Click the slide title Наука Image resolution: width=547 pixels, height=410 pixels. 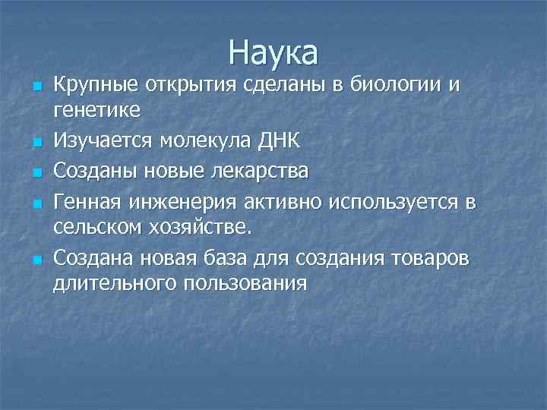[x=273, y=53]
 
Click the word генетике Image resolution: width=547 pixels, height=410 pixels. [x=96, y=110]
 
